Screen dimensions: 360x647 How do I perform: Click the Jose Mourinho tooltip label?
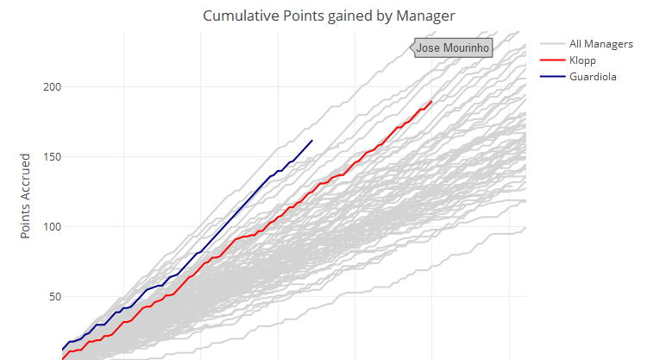tap(453, 48)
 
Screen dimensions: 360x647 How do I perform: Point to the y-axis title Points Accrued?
tap(26, 197)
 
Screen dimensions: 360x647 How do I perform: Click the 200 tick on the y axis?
tap(52, 87)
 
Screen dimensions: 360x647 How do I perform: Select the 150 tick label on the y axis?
tap(52, 157)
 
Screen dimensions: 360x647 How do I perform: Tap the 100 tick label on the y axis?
tap(52, 227)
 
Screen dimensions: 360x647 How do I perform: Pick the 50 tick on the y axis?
tap(55, 297)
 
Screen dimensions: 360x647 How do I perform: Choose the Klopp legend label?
tap(583, 60)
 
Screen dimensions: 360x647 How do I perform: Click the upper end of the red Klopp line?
tap(431, 101)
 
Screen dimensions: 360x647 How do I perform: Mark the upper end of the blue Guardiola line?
tap(312, 140)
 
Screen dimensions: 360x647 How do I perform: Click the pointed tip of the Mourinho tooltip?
tap(409, 48)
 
